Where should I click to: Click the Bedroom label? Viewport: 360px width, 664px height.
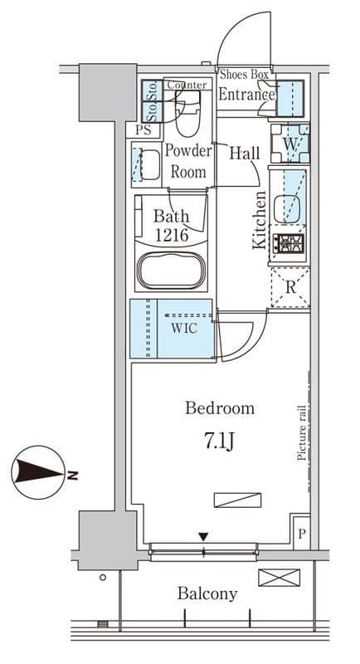tap(220, 408)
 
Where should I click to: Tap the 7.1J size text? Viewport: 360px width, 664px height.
tap(220, 442)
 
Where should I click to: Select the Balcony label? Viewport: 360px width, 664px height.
tap(207, 593)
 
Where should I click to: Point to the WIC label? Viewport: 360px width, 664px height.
tap(184, 328)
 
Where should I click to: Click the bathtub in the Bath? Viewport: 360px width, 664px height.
tap(172, 271)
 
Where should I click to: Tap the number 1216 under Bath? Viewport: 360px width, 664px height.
tap(172, 235)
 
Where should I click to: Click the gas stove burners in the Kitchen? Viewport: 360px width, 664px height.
tap(289, 243)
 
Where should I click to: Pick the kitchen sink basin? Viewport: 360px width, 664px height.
tap(287, 208)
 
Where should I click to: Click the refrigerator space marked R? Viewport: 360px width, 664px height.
tap(290, 287)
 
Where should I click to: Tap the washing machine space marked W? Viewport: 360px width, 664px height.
tap(290, 143)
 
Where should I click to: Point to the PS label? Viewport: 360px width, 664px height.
tap(144, 130)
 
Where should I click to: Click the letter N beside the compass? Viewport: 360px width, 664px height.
tap(73, 475)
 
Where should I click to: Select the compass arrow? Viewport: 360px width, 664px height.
tap(37, 472)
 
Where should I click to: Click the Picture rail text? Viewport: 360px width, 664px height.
tap(301, 432)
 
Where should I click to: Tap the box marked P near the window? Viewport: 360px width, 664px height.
tap(302, 533)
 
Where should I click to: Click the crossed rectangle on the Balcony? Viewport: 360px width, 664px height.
tap(280, 578)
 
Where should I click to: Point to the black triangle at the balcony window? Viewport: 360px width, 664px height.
tap(203, 537)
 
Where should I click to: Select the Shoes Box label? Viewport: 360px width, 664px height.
tap(245, 75)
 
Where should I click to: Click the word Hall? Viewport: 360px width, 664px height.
tap(245, 153)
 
